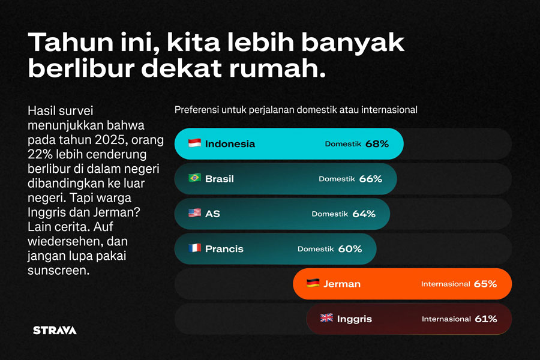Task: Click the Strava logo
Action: (55, 330)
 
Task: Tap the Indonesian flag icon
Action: (194, 143)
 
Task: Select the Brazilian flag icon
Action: (194, 178)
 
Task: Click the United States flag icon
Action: (194, 213)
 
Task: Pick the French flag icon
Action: (194, 248)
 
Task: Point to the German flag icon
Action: (313, 283)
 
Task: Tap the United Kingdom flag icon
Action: (326, 318)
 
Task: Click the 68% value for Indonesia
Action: (377, 144)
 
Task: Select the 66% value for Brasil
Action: (370, 179)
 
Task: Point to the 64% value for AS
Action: (364, 214)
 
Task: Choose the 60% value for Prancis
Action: (350, 248)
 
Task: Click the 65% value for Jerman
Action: (485, 284)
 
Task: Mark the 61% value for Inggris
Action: (485, 319)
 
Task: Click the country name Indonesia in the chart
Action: (230, 144)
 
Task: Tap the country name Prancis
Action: (224, 248)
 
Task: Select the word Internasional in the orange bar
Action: (445, 284)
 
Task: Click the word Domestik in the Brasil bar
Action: (337, 179)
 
